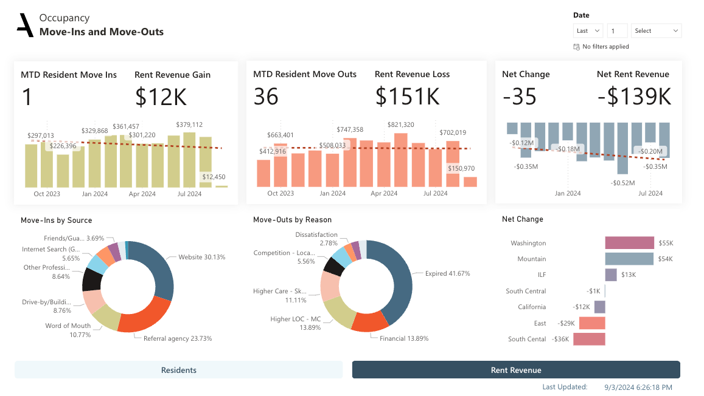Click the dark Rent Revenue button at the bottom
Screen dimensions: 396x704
(516, 370)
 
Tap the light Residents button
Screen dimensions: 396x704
(178, 370)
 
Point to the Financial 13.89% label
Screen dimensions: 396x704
(404, 338)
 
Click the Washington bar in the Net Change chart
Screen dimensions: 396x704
(629, 243)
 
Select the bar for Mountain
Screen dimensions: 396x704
(629, 259)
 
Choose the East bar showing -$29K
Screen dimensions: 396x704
(592, 323)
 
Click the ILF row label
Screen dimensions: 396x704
(542, 275)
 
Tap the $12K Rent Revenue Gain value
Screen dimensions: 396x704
(161, 97)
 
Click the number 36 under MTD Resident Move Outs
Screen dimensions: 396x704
(266, 97)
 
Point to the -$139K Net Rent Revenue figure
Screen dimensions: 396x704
(634, 97)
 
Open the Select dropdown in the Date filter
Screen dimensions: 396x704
(656, 31)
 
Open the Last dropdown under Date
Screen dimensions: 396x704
(588, 31)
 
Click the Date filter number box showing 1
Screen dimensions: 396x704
(617, 31)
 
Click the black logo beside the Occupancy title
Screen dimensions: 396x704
(25, 25)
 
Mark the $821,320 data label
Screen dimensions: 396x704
(400, 125)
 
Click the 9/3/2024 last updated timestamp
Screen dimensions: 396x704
(638, 387)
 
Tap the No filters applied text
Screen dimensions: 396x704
(605, 47)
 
